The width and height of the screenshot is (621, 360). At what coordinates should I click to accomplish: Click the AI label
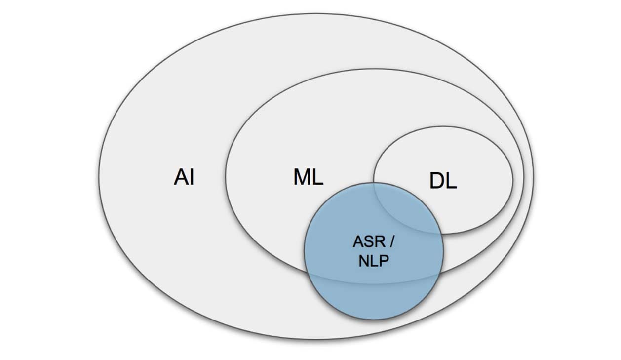(184, 177)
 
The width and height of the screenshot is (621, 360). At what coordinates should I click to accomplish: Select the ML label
(309, 177)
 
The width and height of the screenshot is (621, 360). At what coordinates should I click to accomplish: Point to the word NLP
(374, 261)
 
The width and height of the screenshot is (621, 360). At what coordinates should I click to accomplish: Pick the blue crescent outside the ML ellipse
(374, 301)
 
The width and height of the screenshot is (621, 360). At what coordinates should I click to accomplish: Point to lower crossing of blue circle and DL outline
(441, 233)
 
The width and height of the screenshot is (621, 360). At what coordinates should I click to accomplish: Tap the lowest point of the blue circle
(374, 320)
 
